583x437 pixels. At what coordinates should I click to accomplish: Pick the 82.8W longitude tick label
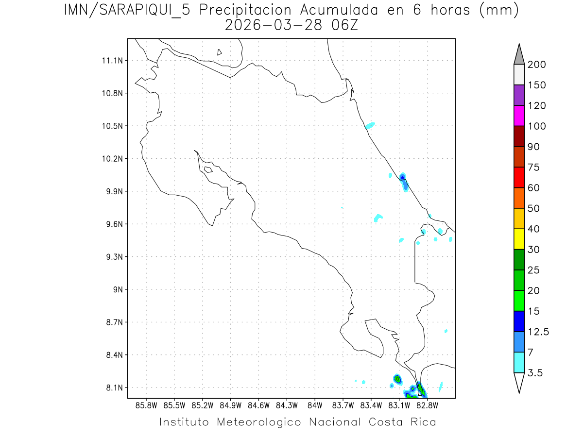428,405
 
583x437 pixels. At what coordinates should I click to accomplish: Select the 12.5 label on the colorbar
539,332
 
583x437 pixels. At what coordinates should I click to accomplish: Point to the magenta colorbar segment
519,116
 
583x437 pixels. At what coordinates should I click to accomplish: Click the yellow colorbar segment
519,239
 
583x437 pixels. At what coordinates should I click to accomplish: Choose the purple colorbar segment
519,95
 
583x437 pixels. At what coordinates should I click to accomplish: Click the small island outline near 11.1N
220,52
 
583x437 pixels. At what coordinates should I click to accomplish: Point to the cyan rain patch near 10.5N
370,125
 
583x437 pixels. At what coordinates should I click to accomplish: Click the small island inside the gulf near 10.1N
208,169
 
